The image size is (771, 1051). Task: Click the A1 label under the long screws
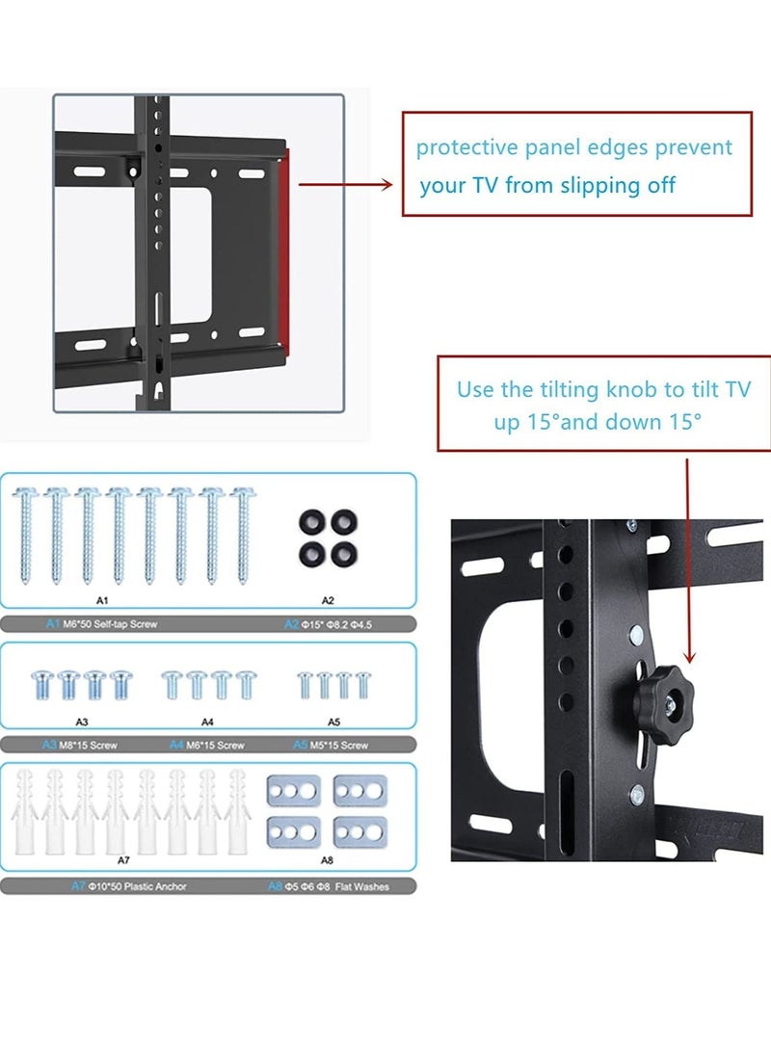102,600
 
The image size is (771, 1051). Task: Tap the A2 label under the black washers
327,600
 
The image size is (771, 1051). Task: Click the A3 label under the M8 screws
82,720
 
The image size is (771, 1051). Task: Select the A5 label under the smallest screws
333,720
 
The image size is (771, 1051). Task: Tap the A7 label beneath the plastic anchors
122,859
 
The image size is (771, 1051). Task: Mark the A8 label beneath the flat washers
327,859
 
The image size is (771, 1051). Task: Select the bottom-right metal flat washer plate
359,830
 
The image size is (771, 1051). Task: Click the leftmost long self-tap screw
26,535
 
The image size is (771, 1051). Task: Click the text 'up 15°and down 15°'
598,422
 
